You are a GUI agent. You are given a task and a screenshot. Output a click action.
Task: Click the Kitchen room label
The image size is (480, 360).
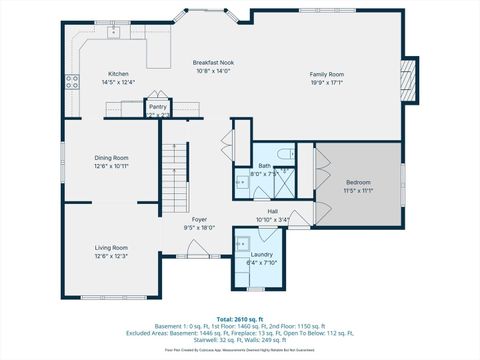[118, 74]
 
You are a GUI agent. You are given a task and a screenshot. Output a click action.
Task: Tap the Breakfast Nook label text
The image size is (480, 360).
[213, 63]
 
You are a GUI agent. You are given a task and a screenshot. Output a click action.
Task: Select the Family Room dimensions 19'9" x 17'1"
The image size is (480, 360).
[326, 82]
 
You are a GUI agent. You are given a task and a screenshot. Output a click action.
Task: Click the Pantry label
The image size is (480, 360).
[157, 105]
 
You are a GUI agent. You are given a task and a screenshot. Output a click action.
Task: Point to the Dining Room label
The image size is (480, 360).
[111, 157]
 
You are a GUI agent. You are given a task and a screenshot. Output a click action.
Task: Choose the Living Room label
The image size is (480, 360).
[111, 247]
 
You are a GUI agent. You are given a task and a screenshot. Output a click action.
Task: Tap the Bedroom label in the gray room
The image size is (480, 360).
[358, 182]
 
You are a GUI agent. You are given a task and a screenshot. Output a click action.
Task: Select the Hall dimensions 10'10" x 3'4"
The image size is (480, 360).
[273, 219]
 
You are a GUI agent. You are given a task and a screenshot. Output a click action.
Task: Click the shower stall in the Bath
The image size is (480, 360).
[285, 180]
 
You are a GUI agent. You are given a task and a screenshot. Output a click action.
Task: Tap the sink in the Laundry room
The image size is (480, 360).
[241, 241]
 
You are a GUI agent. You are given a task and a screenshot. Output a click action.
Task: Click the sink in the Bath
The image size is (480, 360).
[241, 181]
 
